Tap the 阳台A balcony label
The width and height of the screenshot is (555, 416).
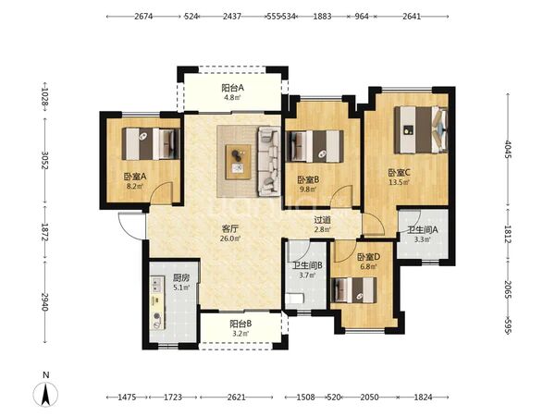pyautogui.click(x=232, y=88)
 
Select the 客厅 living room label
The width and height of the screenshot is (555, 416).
pyautogui.click(x=230, y=228)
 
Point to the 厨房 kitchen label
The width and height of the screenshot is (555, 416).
pyautogui.click(x=181, y=277)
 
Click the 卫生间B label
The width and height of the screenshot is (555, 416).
pyautogui.click(x=307, y=265)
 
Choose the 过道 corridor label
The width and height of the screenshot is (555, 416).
pyautogui.click(x=323, y=220)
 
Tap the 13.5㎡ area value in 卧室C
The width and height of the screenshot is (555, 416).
pyautogui.click(x=399, y=182)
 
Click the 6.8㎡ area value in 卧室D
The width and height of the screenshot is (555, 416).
pyautogui.click(x=368, y=267)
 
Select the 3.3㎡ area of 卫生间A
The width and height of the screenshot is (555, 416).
pyautogui.click(x=423, y=239)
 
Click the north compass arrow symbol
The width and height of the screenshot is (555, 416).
pyautogui.click(x=45, y=395)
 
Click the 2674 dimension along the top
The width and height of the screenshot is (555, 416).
pyautogui.click(x=143, y=17)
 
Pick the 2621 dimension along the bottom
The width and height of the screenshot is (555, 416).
pyautogui.click(x=236, y=397)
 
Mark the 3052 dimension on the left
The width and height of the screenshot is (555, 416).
pyautogui.click(x=45, y=160)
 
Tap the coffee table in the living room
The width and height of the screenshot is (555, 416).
pyautogui.click(x=239, y=162)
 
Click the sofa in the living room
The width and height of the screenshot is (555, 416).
pyautogui.click(x=269, y=162)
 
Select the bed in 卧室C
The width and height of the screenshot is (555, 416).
pyautogui.click(x=421, y=129)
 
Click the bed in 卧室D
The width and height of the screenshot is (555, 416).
pyautogui.click(x=353, y=290)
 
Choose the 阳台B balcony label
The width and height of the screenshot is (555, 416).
pyautogui.click(x=240, y=324)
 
